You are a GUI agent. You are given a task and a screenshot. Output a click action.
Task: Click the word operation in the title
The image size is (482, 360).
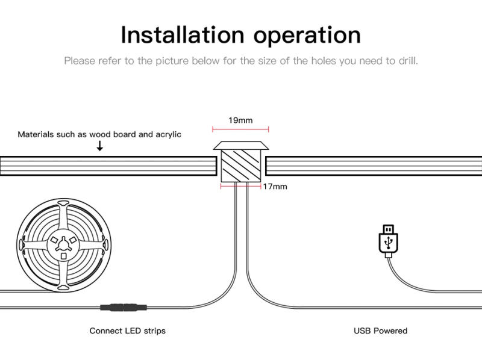point(307,36)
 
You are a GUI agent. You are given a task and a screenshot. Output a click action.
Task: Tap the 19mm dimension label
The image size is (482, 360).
point(240,120)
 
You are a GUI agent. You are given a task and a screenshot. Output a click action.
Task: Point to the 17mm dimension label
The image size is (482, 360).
point(275,187)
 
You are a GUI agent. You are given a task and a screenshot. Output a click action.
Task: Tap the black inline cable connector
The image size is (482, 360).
point(124,307)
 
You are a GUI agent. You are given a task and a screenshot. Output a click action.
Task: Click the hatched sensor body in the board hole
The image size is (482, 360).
point(240,165)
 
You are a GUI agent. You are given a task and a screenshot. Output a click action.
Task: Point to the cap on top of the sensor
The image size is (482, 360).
point(240,145)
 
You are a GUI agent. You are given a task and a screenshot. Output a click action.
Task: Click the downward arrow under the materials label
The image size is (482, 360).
point(100,146)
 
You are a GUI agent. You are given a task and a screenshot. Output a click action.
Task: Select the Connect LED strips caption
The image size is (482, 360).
point(127,331)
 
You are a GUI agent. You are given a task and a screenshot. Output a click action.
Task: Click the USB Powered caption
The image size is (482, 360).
point(380,331)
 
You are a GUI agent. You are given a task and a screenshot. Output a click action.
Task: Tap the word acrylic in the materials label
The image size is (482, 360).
point(168,134)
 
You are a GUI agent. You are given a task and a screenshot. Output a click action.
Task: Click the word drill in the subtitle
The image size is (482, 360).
point(408,61)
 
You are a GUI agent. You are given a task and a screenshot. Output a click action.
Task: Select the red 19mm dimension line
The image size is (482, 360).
point(240,129)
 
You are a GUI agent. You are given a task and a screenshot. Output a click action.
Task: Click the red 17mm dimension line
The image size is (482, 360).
point(240,186)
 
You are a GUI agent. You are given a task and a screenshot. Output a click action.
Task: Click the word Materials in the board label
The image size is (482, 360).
point(36,134)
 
